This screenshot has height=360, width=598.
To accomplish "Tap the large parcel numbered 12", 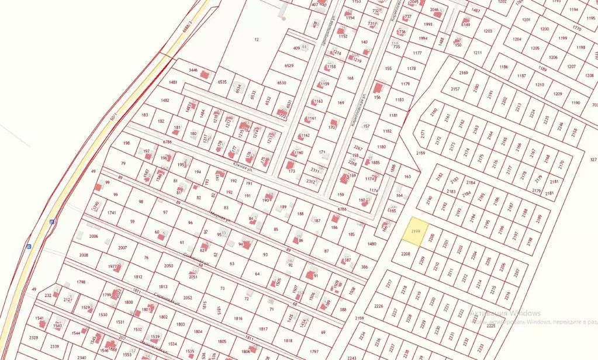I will tap(256, 39).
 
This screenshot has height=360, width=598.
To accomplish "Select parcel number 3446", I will tap(193, 70).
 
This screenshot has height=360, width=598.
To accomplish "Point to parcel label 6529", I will tap(289, 66).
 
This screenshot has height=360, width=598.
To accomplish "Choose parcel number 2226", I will tap(378, 306).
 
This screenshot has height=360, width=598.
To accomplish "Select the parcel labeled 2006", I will tap(93, 236).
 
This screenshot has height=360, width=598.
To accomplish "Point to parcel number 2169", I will tap(464, 73).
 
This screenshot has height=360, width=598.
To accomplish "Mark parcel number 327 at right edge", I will tap(593, 159).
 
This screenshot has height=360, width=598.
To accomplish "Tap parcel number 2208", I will tap(405, 254).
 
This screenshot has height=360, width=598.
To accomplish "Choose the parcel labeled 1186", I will tap(503, 67).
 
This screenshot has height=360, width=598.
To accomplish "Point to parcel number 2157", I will tap(455, 89).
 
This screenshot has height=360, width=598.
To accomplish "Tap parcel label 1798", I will tap(81, 282).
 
